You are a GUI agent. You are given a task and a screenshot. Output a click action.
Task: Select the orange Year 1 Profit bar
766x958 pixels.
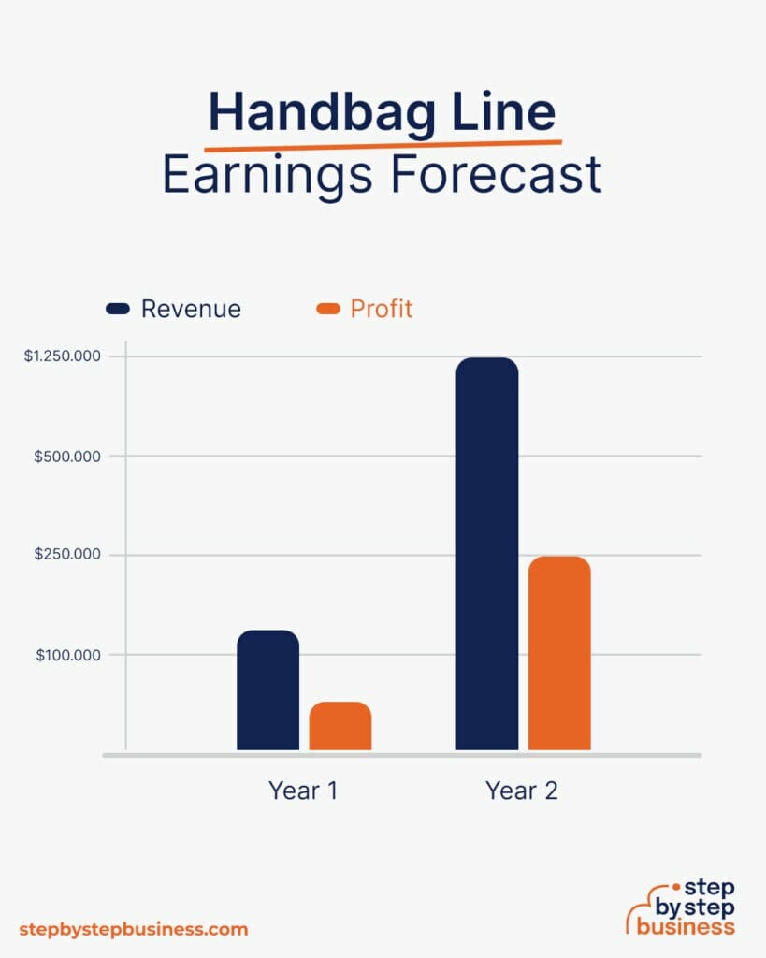point(340,726)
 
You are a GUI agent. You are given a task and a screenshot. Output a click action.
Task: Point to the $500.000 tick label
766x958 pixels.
point(68,456)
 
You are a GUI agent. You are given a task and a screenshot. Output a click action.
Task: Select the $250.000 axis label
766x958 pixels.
point(68,555)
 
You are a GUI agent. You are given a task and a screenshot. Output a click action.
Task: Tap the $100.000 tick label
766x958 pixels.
point(68,655)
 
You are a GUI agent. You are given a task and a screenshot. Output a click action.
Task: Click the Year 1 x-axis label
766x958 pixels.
point(303,791)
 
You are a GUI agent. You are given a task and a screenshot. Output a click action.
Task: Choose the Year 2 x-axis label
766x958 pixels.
point(522,791)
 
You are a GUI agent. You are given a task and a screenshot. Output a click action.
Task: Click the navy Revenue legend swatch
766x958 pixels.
point(118,309)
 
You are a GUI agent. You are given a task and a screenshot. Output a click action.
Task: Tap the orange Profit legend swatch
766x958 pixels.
point(328,309)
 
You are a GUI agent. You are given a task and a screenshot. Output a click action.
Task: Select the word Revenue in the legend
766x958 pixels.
point(191,309)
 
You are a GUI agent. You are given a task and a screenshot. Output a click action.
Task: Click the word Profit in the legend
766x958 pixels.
point(382,309)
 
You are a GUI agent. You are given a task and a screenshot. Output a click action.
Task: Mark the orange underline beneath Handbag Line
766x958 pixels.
point(383,144)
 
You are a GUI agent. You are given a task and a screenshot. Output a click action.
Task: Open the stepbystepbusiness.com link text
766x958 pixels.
point(134,929)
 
